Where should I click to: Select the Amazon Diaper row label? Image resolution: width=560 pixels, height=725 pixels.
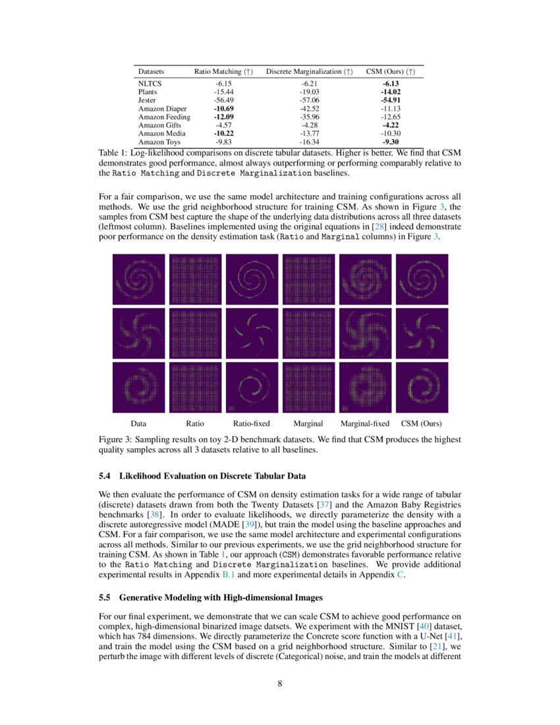point(162,108)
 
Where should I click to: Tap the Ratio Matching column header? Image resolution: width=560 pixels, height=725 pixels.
point(223,71)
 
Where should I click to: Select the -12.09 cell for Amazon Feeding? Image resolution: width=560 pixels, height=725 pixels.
point(223,117)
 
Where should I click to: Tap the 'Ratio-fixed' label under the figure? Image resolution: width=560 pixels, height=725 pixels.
point(252,423)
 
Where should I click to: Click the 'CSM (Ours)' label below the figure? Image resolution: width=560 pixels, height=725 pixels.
point(421,423)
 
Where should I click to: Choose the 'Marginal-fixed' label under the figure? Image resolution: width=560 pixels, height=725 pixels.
point(364,423)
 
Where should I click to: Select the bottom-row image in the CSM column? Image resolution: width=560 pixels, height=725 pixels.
point(421,387)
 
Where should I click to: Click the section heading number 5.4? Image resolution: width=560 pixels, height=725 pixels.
point(105,475)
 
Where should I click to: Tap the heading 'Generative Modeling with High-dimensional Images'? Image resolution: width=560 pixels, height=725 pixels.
point(221,598)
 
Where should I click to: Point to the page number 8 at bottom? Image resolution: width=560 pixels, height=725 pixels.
point(280,683)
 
